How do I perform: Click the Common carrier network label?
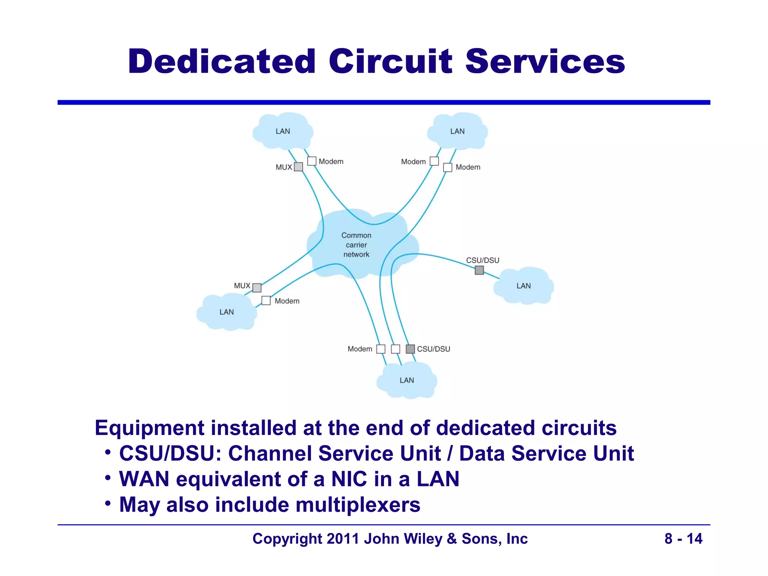pos(356,245)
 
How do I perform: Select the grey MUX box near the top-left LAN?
pos(298,166)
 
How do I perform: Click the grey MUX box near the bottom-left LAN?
pos(257,288)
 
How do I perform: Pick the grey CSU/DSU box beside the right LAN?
pos(479,270)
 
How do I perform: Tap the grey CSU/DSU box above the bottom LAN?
pos(410,349)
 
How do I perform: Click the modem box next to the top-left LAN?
pos(312,161)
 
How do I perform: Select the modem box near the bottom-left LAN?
pos(266,300)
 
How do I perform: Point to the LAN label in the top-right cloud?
pos(457,131)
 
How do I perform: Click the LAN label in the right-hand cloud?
pos(523,286)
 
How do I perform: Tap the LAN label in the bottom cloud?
pos(406,380)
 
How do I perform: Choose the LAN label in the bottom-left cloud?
pos(226,312)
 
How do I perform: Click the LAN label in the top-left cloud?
pos(283,131)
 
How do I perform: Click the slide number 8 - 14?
pos(683,538)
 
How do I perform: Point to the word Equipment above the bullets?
pos(149,428)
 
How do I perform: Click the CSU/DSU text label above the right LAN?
pos(483,260)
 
